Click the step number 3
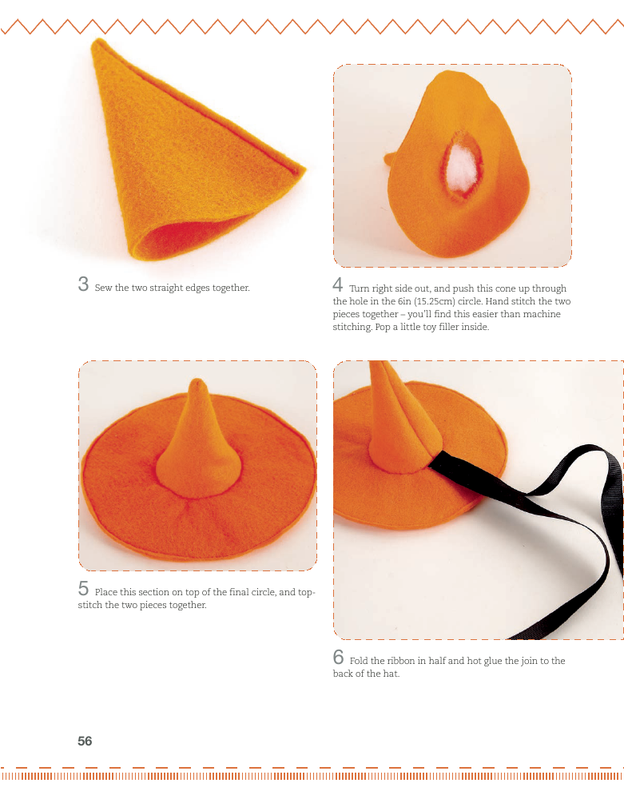tap(83, 284)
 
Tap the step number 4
tap(338, 284)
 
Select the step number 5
tap(83, 589)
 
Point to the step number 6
tap(338, 657)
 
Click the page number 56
tap(85, 741)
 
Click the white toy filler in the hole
tap(464, 168)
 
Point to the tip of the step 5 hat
tap(197, 382)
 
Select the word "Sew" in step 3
tap(103, 288)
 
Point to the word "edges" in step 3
tap(197, 288)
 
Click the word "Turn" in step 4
tap(360, 288)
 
